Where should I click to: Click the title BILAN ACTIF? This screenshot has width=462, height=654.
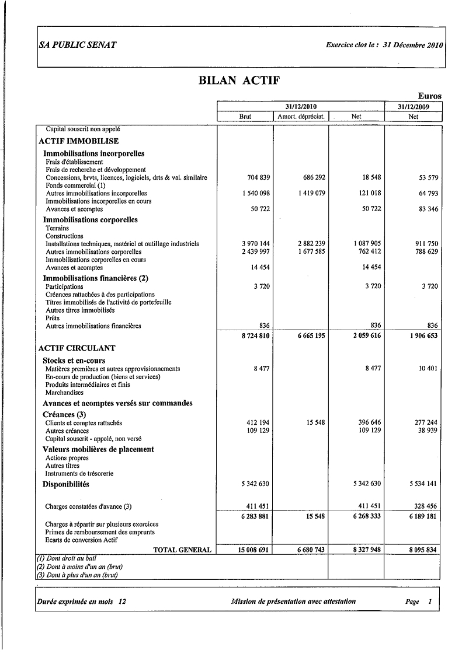[239, 81]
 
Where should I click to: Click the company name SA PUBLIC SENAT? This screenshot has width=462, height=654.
[77, 46]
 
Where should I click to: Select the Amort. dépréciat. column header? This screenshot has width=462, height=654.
[301, 117]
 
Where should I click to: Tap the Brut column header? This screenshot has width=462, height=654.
[245, 117]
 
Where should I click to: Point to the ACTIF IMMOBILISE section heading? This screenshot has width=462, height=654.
[78, 141]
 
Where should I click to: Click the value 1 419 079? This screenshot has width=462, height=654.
[311, 193]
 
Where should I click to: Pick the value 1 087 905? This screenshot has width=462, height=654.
[367, 244]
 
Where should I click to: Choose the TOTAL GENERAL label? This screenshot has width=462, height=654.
[182, 550]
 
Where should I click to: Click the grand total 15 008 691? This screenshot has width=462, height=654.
[253, 550]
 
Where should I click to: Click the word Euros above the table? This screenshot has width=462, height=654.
[429, 96]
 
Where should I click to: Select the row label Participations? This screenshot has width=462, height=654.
[64, 287]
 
